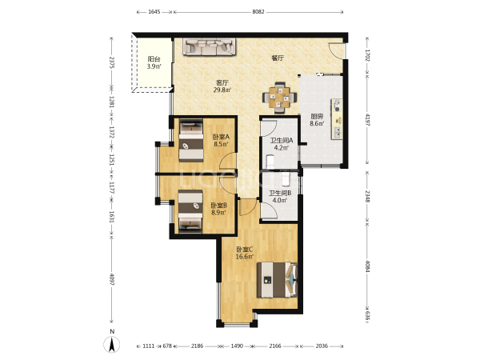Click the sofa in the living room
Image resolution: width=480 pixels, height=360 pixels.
click(x=210, y=46)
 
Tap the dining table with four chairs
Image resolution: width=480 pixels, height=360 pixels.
click(x=279, y=98)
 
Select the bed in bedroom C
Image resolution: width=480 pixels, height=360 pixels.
click(x=277, y=280)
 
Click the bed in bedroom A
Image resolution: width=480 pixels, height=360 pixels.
click(x=191, y=141)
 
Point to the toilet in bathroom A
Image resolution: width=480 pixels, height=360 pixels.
click(x=270, y=162)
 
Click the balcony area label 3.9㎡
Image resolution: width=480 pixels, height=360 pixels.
click(x=154, y=66)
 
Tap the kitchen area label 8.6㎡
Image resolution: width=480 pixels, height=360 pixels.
click(x=317, y=123)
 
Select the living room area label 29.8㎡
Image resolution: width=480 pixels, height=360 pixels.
click(x=222, y=90)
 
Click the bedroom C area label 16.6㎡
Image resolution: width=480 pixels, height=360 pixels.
click(x=245, y=257)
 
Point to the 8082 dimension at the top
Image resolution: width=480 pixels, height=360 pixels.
click(x=258, y=12)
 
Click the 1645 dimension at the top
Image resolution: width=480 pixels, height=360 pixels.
click(x=154, y=12)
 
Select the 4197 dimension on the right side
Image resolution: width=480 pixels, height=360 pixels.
click(x=368, y=120)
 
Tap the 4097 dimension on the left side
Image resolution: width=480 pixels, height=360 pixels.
click(x=111, y=279)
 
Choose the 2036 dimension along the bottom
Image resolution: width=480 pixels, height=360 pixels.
click(x=322, y=346)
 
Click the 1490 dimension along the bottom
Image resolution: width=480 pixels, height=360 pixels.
click(x=237, y=346)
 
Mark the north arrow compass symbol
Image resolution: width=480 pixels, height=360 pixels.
click(x=112, y=344)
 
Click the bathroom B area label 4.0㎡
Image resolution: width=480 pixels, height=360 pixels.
click(x=279, y=201)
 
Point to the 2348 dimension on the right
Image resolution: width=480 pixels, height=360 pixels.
click(x=368, y=196)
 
